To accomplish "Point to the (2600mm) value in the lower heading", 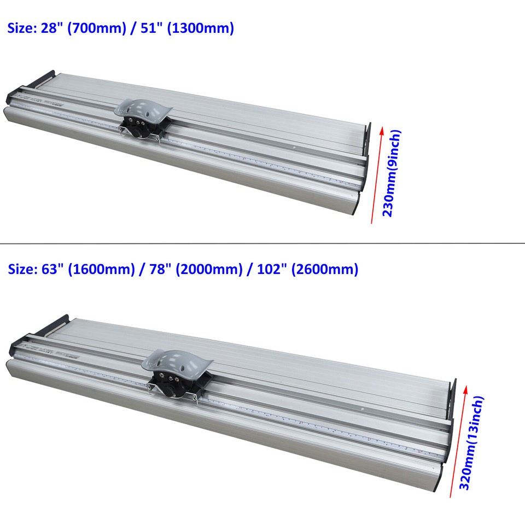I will [327, 269].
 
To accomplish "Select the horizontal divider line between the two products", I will [262, 242].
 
